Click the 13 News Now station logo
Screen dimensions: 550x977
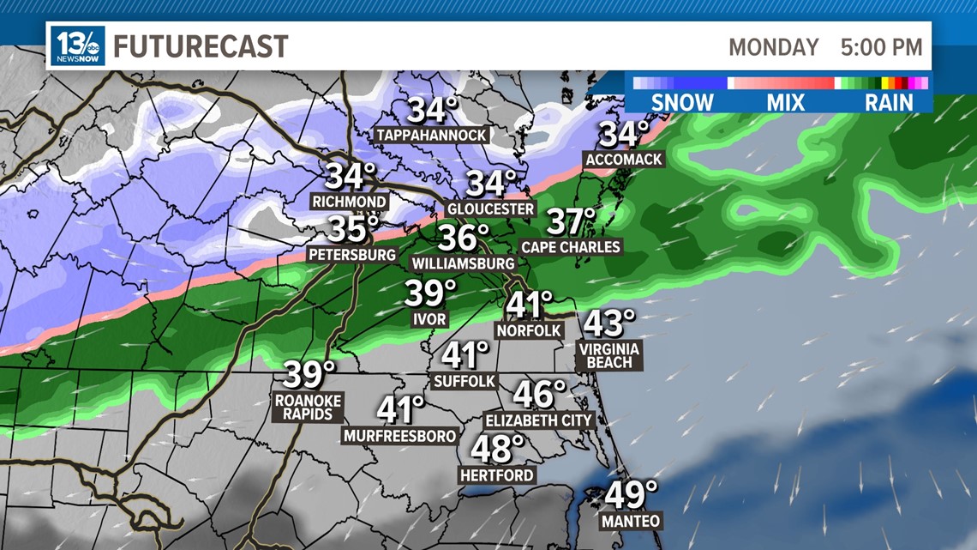77,45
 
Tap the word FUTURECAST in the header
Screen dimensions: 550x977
201,46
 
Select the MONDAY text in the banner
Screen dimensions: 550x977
773,47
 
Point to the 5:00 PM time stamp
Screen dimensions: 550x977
881,47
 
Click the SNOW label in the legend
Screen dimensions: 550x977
682,102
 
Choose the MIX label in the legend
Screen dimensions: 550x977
786,102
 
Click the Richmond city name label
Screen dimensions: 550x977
349,202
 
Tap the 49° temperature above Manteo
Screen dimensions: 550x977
632,495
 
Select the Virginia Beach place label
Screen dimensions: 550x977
609,355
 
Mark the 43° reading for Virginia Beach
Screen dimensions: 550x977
609,323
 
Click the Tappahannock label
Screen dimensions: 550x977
432,136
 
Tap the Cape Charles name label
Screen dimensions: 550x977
571,247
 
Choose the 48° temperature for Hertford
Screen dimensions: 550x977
497,448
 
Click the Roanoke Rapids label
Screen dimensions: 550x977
308,407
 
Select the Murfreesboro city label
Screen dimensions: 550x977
399,436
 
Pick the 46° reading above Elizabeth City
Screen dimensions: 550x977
539,394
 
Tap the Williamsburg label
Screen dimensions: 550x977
463,263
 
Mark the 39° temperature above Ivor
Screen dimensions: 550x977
430,293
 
